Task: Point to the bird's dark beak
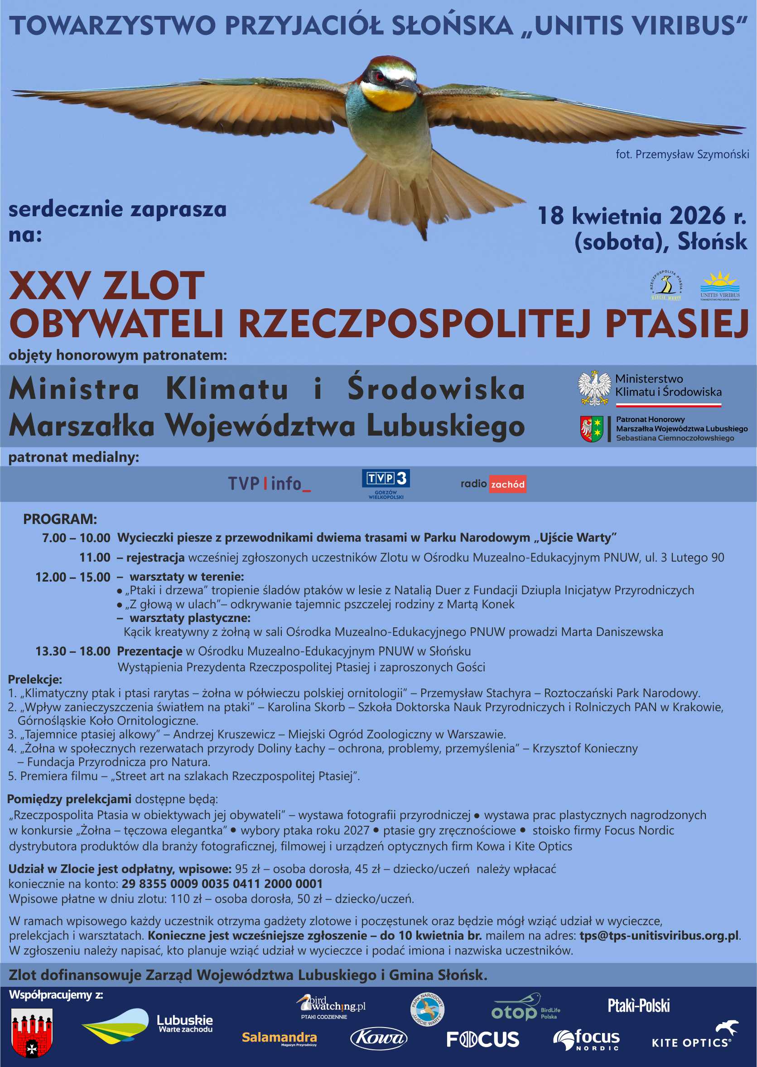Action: pyautogui.click(x=407, y=86)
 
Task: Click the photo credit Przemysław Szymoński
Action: pyautogui.click(x=682, y=155)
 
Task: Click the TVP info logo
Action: pyautogui.click(x=269, y=484)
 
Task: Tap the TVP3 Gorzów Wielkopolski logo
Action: pyautogui.click(x=386, y=484)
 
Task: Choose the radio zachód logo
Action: pyautogui.click(x=493, y=484)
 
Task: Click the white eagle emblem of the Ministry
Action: pyautogui.click(x=594, y=388)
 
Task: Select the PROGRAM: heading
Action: pyautogui.click(x=60, y=519)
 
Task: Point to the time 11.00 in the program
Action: pyautogui.click(x=95, y=557)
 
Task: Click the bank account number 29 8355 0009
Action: pyautogui.click(x=222, y=884)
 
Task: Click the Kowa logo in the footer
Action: pyautogui.click(x=379, y=1038)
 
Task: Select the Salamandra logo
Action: pyautogui.click(x=279, y=1038)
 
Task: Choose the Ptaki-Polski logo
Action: pyautogui.click(x=638, y=1006)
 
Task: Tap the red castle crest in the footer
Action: pyautogui.click(x=32, y=1033)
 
